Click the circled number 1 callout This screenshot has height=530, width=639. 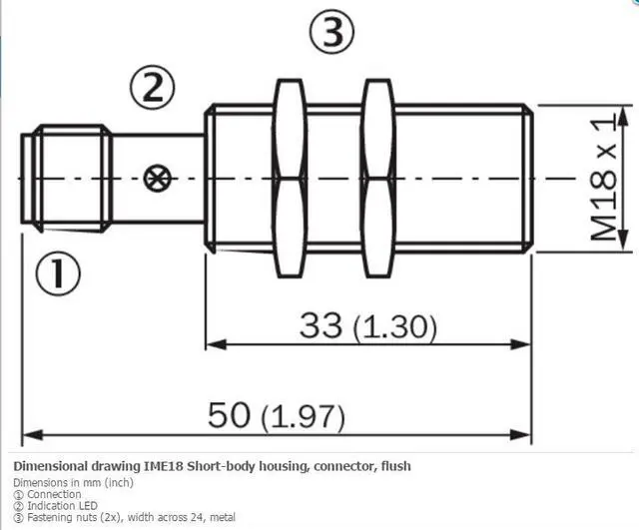click(x=58, y=273)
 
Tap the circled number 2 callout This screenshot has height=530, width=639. click(x=153, y=88)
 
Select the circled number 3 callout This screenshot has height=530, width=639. click(x=332, y=32)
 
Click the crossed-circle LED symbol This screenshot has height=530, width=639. click(x=158, y=179)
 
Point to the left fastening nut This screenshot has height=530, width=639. click(x=290, y=179)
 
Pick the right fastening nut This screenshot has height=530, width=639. click(x=378, y=179)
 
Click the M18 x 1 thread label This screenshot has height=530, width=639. click(x=603, y=179)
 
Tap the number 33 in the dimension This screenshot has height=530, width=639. click(x=320, y=324)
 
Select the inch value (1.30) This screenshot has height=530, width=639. click(x=395, y=327)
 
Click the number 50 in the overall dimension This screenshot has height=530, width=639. click(x=229, y=414)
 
